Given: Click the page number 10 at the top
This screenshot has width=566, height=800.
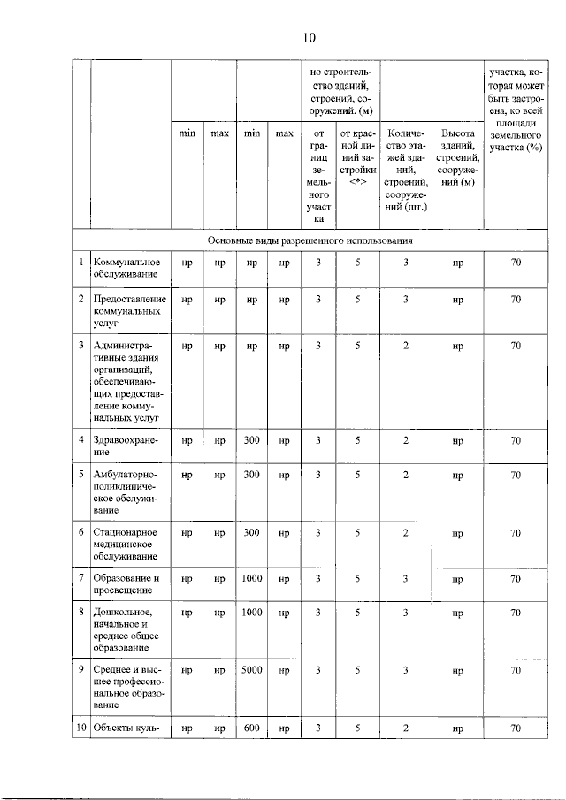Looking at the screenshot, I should coord(308,37).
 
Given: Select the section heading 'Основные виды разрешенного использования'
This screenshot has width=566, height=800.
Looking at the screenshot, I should coord(310,240).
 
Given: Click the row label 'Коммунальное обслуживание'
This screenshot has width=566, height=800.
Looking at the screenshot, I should coord(126,268).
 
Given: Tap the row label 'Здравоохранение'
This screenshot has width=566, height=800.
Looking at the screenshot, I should coord(124,445).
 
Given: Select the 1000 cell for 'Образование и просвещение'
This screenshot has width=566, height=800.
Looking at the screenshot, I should coord(252,577).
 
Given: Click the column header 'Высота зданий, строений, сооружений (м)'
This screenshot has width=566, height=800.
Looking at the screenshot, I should coord(457,158).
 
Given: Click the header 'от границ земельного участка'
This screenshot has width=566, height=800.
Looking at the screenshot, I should coord(318,177).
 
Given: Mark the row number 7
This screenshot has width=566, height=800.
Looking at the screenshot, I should coord(81,577).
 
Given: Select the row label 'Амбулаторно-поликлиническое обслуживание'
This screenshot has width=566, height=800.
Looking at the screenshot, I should coord(125,492).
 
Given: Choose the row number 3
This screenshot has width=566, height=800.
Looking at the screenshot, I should coord(81,345).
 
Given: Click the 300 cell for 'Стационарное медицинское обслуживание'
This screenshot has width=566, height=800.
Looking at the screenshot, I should coord(252,532).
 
